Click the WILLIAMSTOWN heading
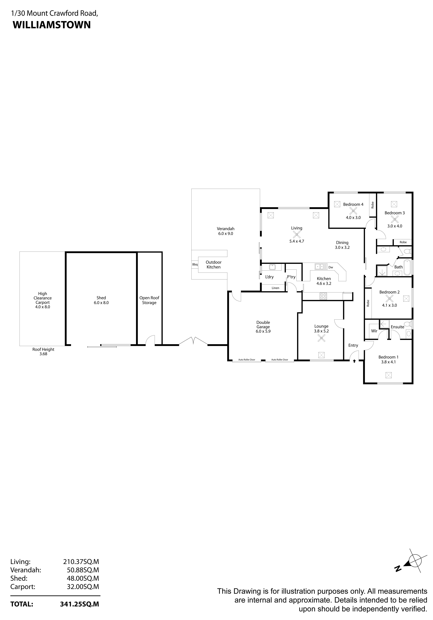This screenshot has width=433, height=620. click(52, 25)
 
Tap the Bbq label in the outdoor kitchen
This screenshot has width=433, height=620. click(195, 264)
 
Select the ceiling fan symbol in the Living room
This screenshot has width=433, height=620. click(296, 234)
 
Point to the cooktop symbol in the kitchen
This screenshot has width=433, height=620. click(323, 296)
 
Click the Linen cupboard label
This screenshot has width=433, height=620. click(275, 288)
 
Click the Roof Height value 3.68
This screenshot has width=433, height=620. click(43, 354)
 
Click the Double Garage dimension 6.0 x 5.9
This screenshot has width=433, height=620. click(263, 331)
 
